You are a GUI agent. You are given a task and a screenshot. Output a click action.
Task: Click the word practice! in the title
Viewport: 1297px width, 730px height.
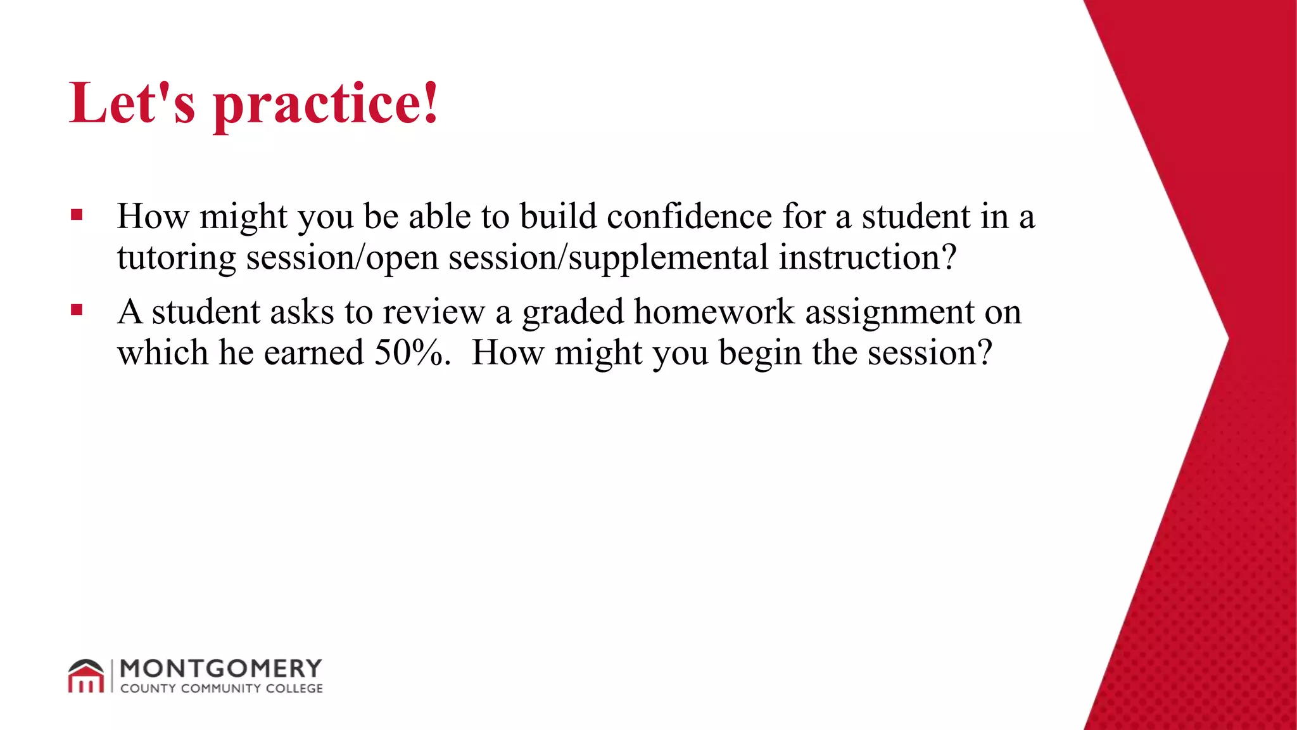326,105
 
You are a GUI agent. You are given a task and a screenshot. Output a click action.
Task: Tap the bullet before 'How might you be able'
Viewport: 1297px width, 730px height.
77,215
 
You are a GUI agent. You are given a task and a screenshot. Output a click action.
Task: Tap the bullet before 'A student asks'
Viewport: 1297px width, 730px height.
77,311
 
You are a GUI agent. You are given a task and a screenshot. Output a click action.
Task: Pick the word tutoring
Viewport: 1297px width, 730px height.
176,258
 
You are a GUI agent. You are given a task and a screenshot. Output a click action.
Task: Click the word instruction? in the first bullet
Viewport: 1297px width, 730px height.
867,257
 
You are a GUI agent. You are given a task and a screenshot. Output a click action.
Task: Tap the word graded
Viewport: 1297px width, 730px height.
573,312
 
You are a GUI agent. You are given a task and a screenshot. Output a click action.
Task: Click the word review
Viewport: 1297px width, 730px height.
433,312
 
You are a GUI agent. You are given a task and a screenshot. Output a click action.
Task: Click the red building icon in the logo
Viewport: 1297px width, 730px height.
86,677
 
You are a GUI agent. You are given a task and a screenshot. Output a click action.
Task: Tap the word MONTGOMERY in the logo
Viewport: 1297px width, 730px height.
220,669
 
